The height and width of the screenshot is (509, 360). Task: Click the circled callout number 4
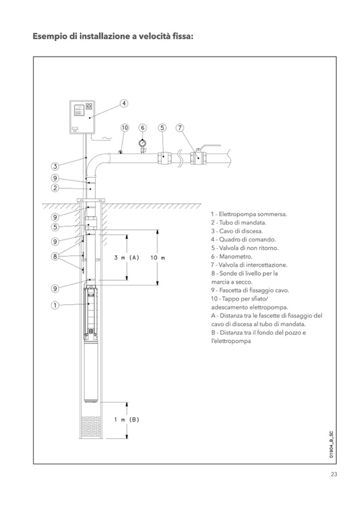(x=123, y=103)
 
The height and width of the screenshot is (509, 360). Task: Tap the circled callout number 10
(x=125, y=127)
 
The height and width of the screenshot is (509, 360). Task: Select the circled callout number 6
(x=142, y=127)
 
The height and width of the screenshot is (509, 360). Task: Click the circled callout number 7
(x=180, y=127)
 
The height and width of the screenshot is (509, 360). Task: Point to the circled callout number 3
(x=55, y=166)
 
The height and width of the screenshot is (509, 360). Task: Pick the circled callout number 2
(x=55, y=187)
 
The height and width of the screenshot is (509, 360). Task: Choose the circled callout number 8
(x=55, y=257)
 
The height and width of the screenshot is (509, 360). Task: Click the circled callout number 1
(x=55, y=305)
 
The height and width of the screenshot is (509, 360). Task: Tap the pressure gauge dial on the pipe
(x=142, y=142)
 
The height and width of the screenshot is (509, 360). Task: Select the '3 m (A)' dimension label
(x=126, y=257)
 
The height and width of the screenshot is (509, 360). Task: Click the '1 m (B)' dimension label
(x=126, y=419)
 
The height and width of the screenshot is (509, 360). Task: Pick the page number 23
(x=334, y=475)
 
